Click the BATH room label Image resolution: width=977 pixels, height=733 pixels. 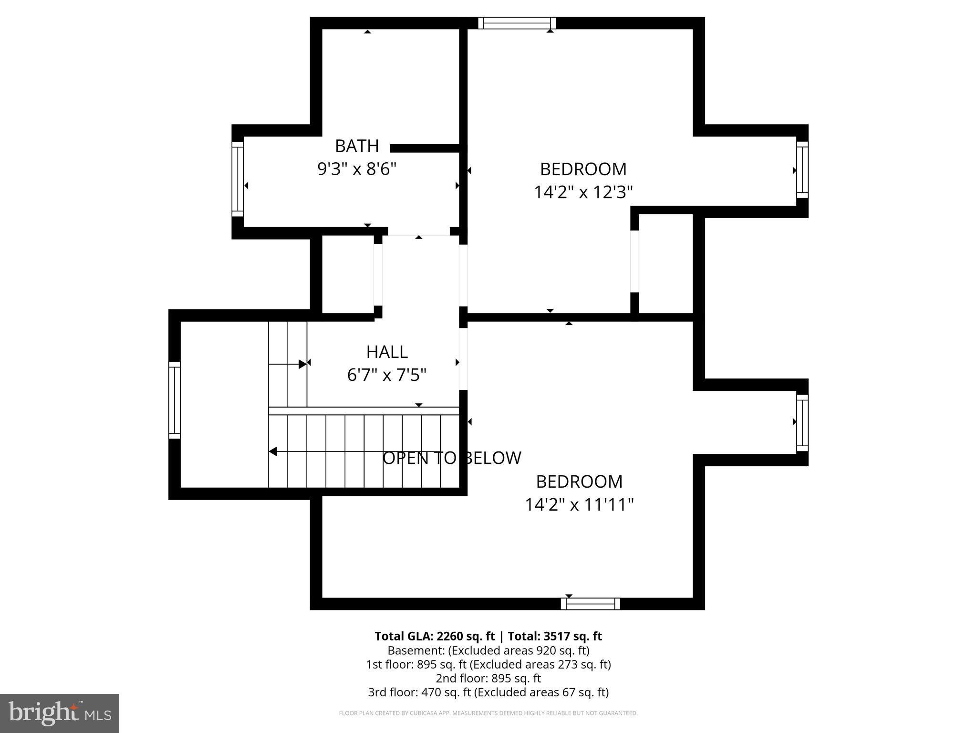[x=357, y=146]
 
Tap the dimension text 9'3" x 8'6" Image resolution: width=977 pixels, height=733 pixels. [x=357, y=169]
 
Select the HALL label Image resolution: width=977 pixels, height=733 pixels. [x=387, y=352]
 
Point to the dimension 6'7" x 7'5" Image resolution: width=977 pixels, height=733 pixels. [x=386, y=375]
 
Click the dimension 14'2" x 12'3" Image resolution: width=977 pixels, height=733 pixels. [x=583, y=192]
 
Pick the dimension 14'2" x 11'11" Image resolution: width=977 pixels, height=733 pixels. [x=579, y=505]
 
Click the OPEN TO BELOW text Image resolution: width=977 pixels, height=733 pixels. [x=452, y=458]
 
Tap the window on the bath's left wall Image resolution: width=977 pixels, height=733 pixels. [x=238, y=179]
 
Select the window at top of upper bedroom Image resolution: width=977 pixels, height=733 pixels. [x=517, y=23]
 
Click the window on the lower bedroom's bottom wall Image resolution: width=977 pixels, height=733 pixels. [x=591, y=604]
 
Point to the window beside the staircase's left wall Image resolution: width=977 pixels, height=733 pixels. [x=175, y=400]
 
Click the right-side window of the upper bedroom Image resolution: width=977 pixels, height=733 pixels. [x=802, y=169]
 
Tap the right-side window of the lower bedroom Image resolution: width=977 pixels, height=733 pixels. [x=802, y=423]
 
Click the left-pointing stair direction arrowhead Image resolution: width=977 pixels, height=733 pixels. [x=273, y=451]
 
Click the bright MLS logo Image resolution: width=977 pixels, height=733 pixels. [x=60, y=713]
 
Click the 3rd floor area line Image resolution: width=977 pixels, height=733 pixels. [x=488, y=692]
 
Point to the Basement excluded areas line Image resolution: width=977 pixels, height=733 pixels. [x=488, y=650]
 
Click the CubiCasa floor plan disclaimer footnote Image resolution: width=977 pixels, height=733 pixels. [x=488, y=713]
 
